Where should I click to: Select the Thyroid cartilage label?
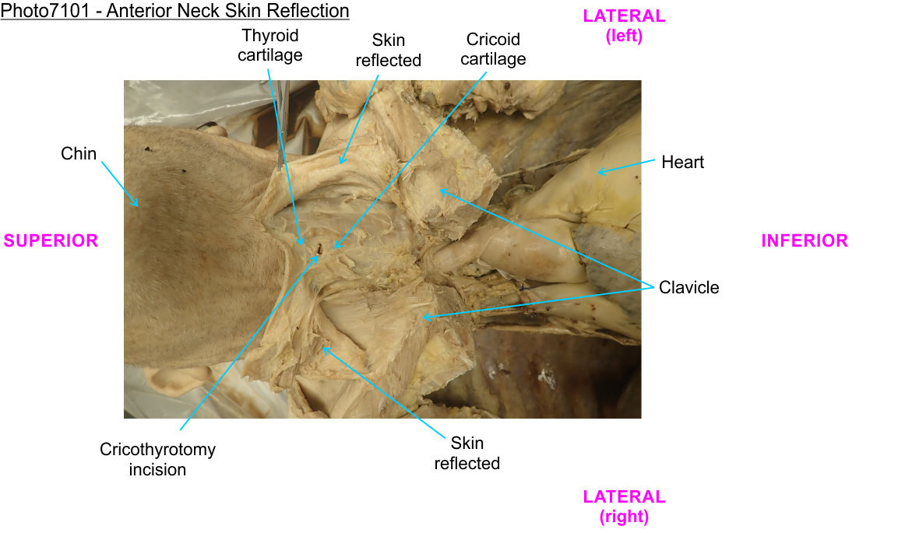tap(269, 45)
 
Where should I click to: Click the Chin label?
tap(79, 153)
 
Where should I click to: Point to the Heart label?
tap(682, 162)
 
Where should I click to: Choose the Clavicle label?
tap(688, 287)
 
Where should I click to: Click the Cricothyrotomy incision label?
tap(157, 459)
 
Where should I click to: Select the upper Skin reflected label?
tap(388, 50)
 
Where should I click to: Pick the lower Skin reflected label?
tap(467, 453)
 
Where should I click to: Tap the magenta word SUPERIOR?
tap(51, 240)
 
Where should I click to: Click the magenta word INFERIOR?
tap(804, 240)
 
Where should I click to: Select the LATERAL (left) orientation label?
tap(624, 26)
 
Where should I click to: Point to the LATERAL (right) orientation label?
tap(624, 506)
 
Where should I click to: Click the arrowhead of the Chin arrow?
tap(136, 205)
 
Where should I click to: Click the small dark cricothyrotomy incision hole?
tap(319, 249)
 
